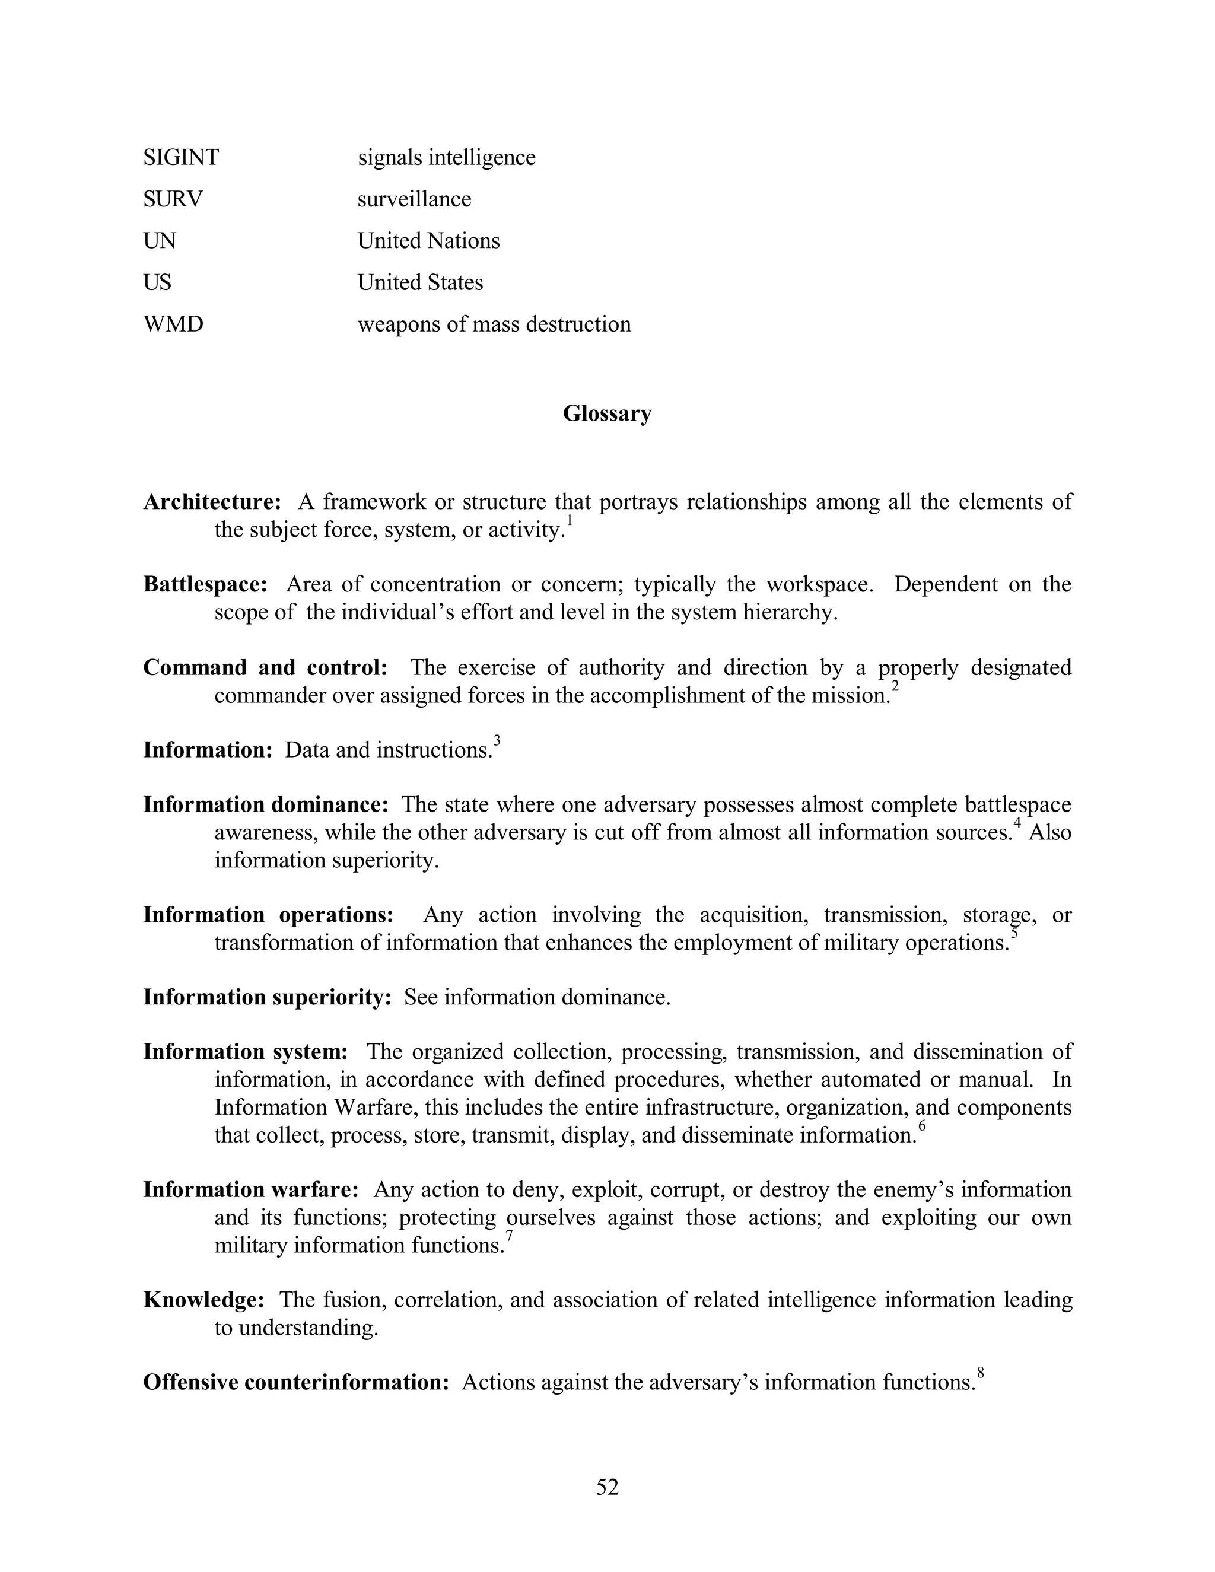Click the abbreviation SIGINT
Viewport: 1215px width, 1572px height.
(x=181, y=158)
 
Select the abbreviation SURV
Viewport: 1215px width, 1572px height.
(x=173, y=199)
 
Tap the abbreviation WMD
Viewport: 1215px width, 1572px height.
(x=173, y=324)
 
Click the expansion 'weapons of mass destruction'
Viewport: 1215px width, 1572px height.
(x=494, y=324)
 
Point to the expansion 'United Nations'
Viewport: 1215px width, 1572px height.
(x=428, y=241)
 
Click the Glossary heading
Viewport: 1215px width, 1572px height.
(x=607, y=414)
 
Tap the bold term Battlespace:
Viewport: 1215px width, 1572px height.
(x=205, y=584)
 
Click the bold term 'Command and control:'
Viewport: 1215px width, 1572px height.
(x=265, y=668)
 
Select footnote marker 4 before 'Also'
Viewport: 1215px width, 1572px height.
(x=1017, y=823)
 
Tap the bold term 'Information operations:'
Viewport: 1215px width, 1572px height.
(x=268, y=915)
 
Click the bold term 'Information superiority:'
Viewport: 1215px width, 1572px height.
(x=267, y=998)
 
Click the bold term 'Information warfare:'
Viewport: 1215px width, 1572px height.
(x=250, y=1190)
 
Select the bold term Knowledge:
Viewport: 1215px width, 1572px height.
(x=203, y=1300)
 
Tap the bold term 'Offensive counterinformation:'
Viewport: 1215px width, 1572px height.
(x=296, y=1383)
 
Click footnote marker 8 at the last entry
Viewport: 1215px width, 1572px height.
(x=980, y=1373)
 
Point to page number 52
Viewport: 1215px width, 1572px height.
(x=607, y=1487)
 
